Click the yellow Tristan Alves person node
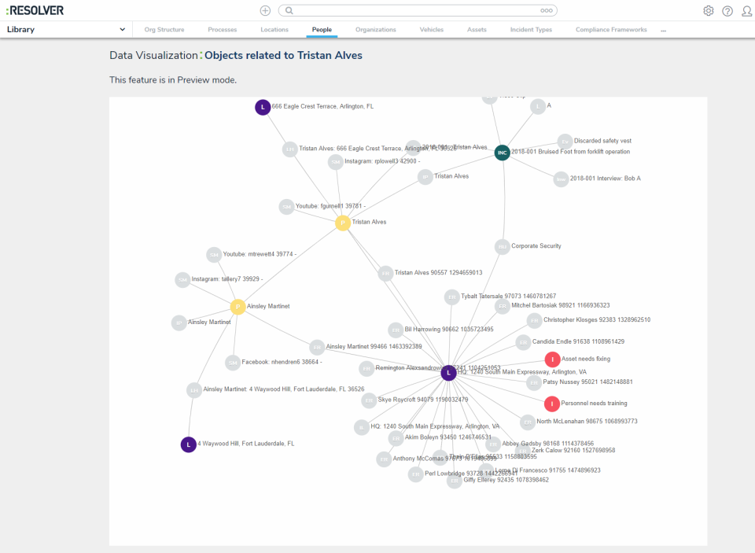click(343, 223)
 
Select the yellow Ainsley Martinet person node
click(238, 307)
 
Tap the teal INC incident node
click(502, 153)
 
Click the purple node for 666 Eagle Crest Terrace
click(263, 107)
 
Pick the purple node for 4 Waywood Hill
click(189, 444)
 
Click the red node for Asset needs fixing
click(552, 359)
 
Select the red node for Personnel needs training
click(552, 404)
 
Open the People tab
click(322, 30)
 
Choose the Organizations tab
click(376, 30)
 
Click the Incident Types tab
click(532, 30)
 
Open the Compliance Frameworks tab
click(611, 30)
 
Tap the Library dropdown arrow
click(123, 30)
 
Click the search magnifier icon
click(289, 11)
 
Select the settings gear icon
click(708, 11)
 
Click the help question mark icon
click(727, 11)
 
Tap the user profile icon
click(746, 11)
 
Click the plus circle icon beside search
click(265, 11)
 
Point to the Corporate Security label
click(536, 246)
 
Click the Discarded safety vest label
click(602, 141)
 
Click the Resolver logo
click(35, 10)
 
